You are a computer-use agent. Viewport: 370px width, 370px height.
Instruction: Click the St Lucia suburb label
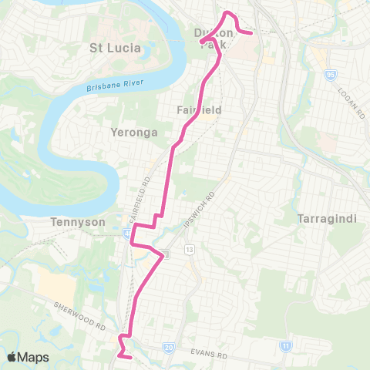(116, 48)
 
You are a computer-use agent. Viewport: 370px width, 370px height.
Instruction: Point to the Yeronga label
(135, 133)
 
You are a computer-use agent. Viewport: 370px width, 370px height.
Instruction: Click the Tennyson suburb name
(71, 222)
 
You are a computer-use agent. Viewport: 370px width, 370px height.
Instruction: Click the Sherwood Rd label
(79, 314)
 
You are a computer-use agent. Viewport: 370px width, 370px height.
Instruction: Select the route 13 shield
(188, 250)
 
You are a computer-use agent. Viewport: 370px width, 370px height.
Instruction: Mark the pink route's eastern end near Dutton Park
(252, 33)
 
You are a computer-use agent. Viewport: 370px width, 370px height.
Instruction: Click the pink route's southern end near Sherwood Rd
(132, 357)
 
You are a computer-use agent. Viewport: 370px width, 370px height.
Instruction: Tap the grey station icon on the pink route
(165, 255)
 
